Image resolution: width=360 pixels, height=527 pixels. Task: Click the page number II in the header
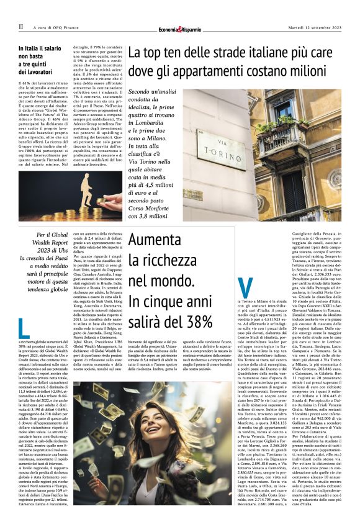coord(20,27)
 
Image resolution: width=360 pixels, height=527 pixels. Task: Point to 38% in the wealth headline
coord(195,322)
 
